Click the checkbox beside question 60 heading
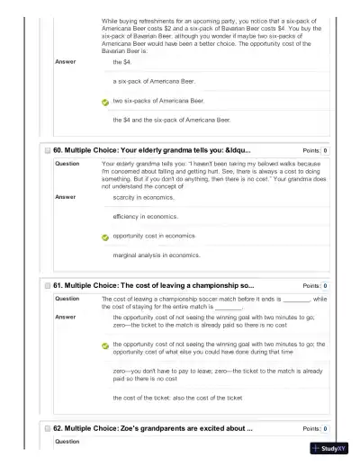[x=47, y=149]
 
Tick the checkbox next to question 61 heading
[x=47, y=284]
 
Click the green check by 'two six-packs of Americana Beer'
[x=105, y=102]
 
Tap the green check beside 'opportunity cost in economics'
[x=105, y=236]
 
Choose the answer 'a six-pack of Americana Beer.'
[x=146, y=82]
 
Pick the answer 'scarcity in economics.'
[x=143, y=196]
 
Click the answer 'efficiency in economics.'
[x=145, y=216]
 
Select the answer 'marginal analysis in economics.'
[x=156, y=255]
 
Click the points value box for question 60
[x=325, y=149]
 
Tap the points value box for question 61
[x=325, y=284]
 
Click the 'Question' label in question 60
[x=67, y=165]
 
